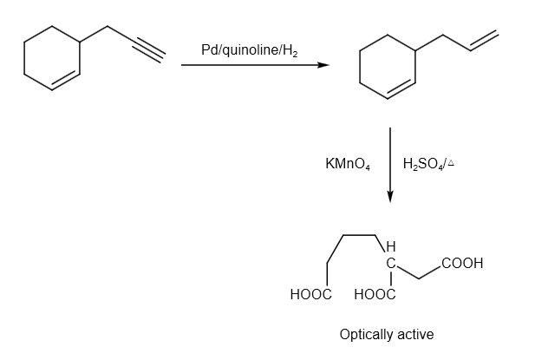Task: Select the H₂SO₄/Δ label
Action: tap(429, 163)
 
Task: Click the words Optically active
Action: tap(387, 335)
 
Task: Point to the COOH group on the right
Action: tap(461, 263)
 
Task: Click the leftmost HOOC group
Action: tap(311, 295)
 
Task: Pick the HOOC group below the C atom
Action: tap(375, 295)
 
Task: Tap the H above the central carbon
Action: tap(391, 245)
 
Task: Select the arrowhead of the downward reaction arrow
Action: tap(391, 197)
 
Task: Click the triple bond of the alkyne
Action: tap(147, 46)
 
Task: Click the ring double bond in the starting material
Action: tap(67, 82)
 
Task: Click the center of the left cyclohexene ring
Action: tap(52, 60)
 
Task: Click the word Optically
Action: tap(367, 335)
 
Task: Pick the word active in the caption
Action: tap(414, 335)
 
